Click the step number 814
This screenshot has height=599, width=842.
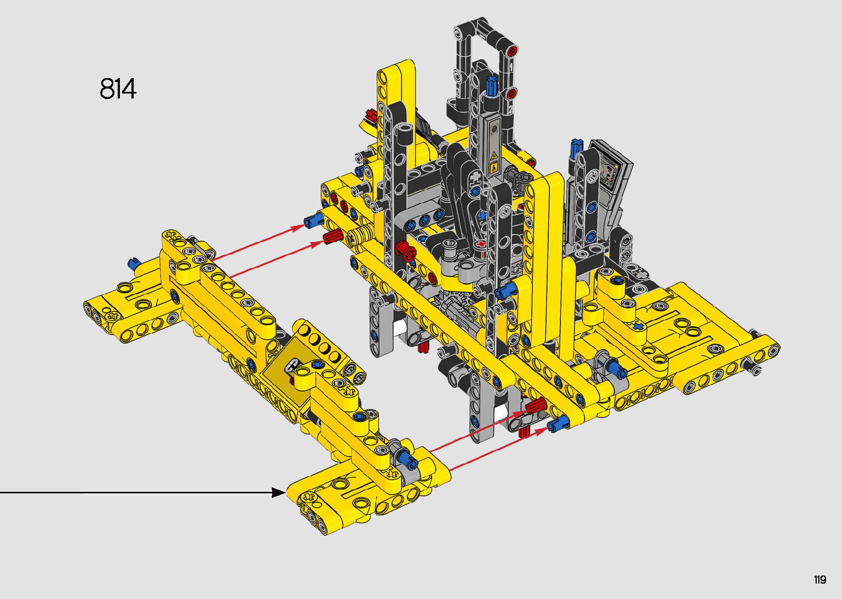(118, 89)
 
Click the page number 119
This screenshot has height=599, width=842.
(820, 579)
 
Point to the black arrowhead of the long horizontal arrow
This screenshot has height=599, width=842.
(278, 492)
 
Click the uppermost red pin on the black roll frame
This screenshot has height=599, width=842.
(511, 51)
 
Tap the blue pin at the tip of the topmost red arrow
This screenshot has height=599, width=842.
(313, 221)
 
